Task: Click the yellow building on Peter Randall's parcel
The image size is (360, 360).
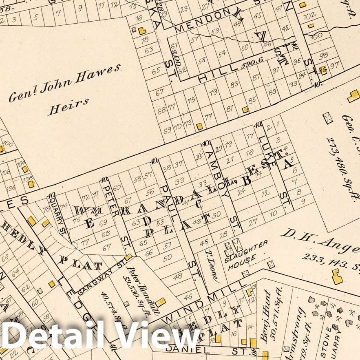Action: click(160, 302)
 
